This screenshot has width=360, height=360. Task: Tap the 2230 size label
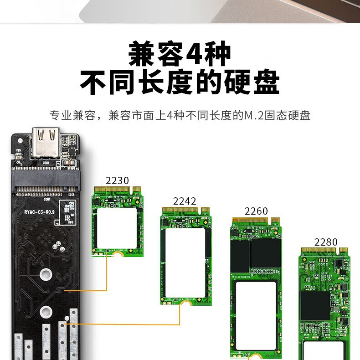pos(117,180)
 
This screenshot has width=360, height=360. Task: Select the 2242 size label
pos(185,201)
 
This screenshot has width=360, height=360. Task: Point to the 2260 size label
pos(256,211)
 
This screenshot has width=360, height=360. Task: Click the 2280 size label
pos(326,242)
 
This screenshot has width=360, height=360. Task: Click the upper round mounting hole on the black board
pos(45,274)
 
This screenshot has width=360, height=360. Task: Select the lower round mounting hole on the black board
pos(45,312)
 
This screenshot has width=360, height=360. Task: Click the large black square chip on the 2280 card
pos(314,305)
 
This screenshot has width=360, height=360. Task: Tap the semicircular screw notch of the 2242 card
pos(185,303)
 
